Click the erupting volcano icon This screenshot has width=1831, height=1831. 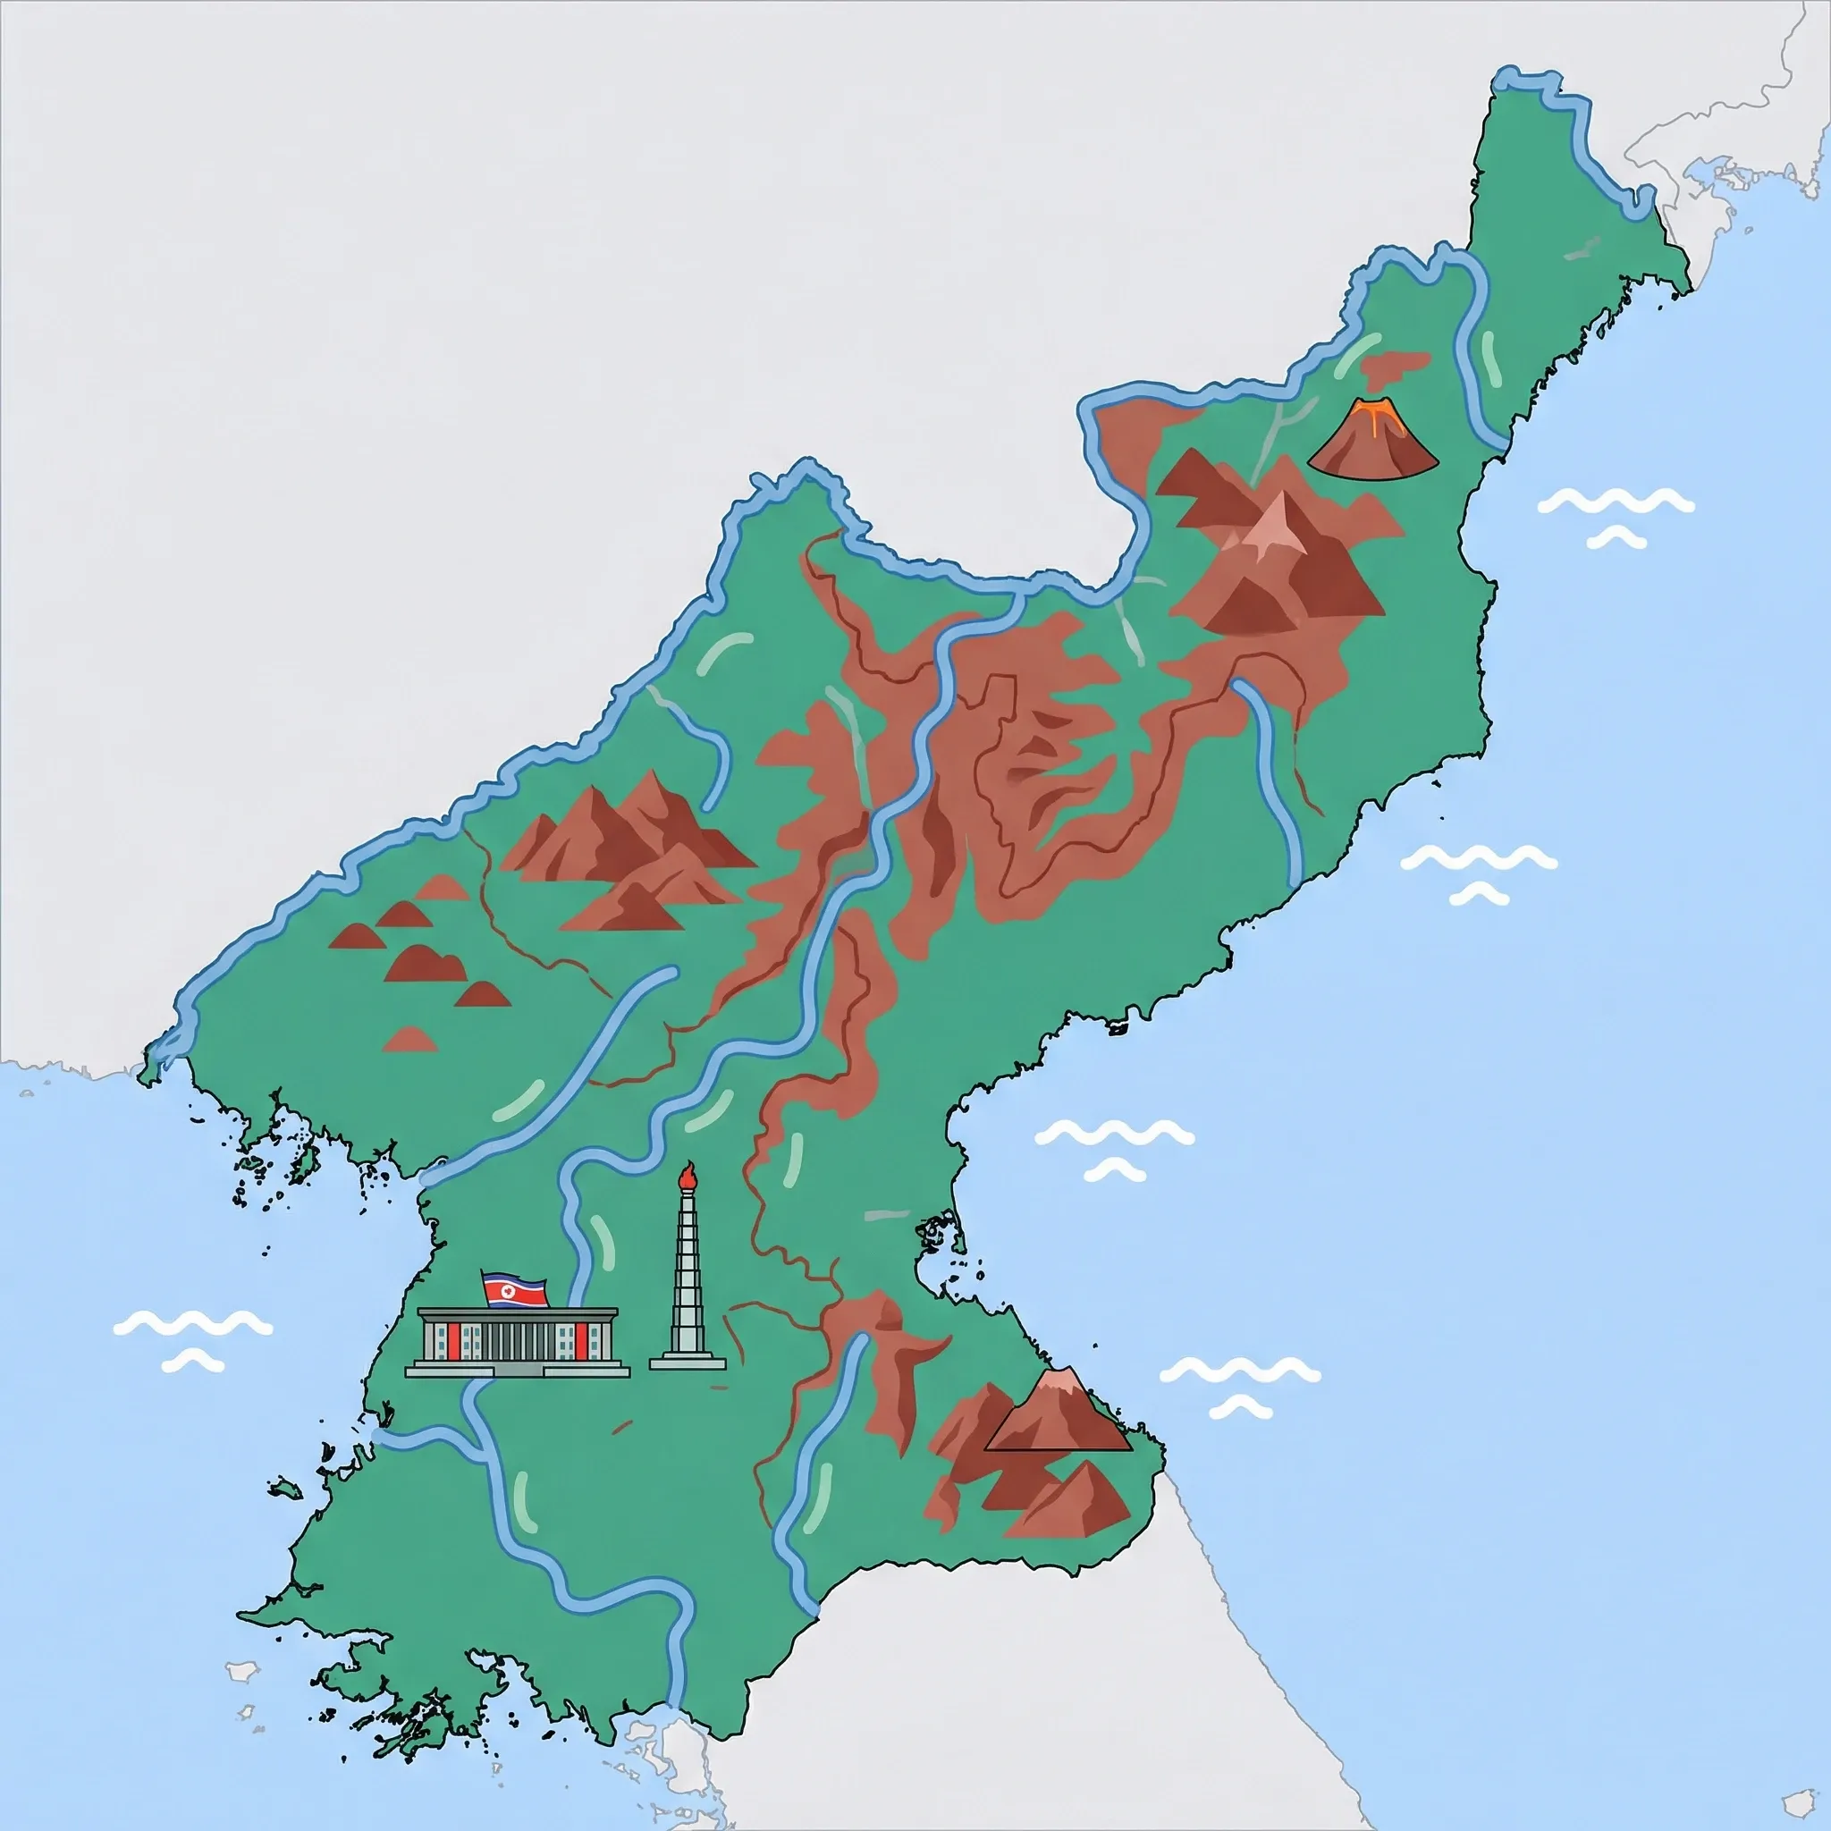click(1372, 442)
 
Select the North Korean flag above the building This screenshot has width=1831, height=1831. click(514, 1290)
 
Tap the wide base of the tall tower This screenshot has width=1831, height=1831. click(688, 1363)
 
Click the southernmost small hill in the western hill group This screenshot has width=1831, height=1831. click(410, 1041)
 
